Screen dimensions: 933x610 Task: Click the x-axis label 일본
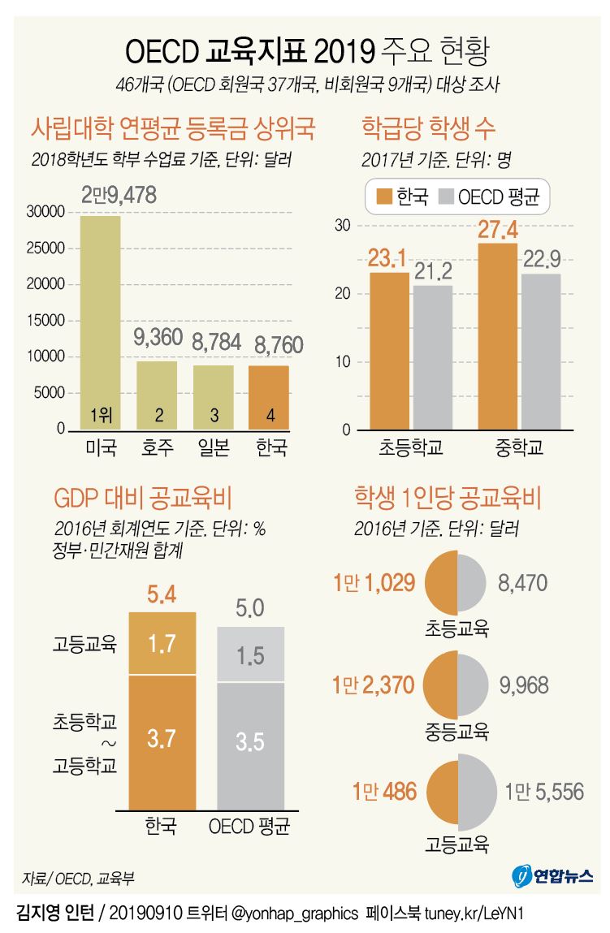click(x=214, y=447)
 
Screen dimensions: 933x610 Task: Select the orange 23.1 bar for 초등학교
click(x=389, y=349)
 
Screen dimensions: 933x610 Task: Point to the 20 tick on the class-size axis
click(x=343, y=294)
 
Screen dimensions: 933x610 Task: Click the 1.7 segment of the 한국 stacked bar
click(x=162, y=644)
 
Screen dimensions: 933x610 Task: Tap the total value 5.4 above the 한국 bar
click(x=162, y=596)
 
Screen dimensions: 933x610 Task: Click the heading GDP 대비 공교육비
click(x=143, y=497)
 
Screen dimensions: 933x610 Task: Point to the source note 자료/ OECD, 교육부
click(x=79, y=879)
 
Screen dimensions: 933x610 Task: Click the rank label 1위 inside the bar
click(x=100, y=415)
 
